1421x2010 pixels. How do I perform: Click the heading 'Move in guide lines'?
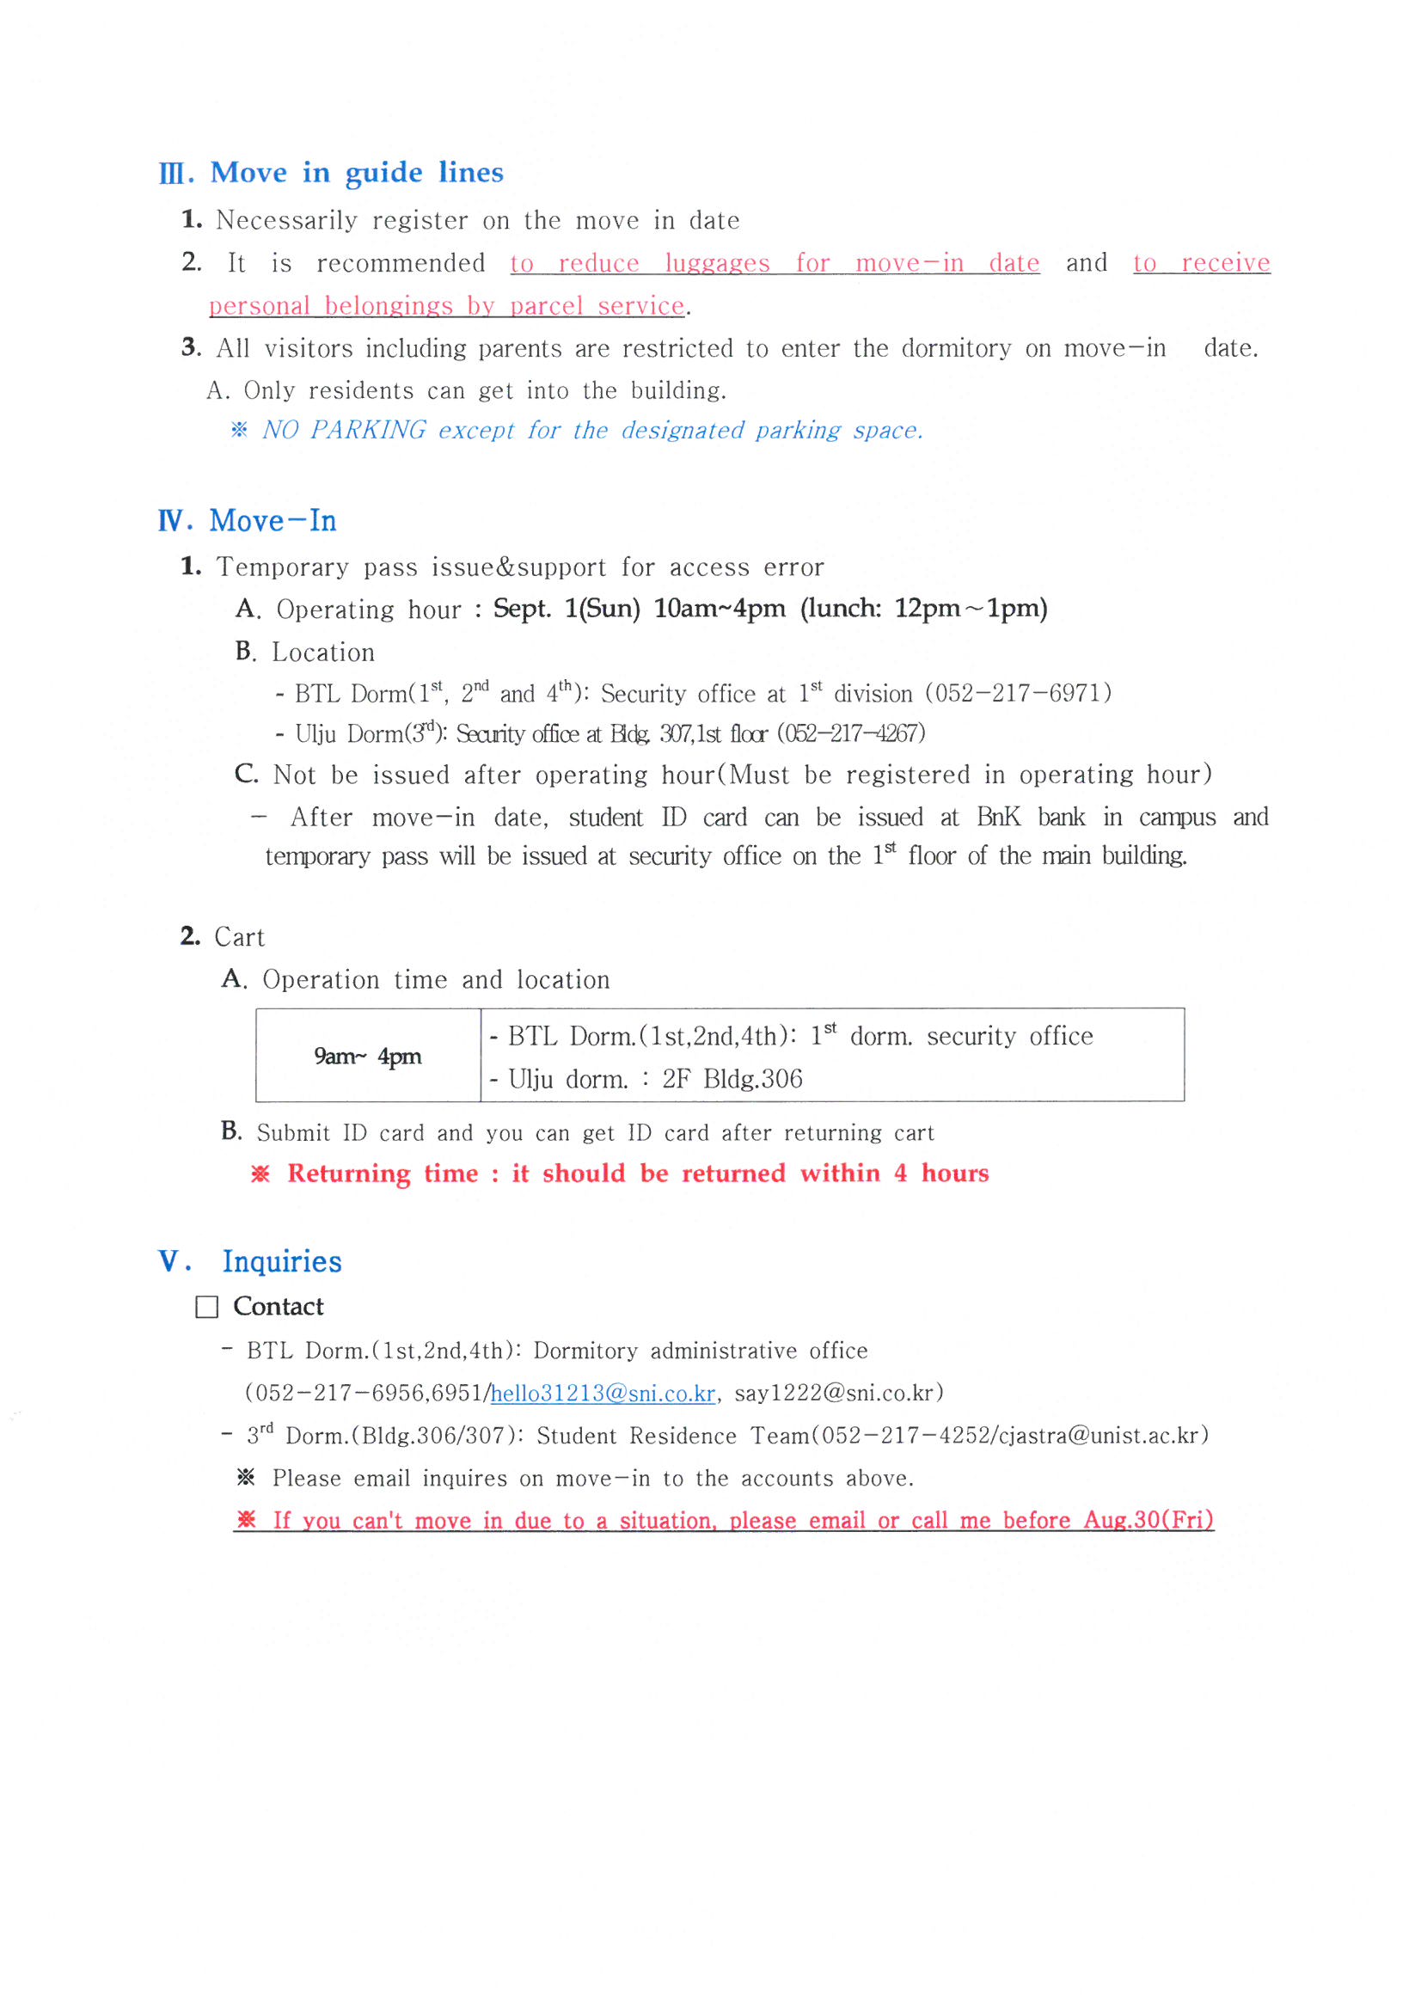click(x=357, y=173)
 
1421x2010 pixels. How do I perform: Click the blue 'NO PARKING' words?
click(x=344, y=430)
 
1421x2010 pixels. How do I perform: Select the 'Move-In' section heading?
click(x=273, y=521)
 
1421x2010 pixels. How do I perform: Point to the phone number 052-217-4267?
click(x=850, y=733)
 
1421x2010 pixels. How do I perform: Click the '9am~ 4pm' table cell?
click(x=368, y=1056)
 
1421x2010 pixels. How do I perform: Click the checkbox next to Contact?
click(x=206, y=1307)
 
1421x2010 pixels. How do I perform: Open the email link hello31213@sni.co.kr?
click(x=603, y=1393)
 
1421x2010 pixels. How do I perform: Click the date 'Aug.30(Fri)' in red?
click(x=1148, y=1520)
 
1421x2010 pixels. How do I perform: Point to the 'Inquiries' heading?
click(x=282, y=1261)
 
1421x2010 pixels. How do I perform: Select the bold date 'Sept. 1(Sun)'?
click(x=567, y=609)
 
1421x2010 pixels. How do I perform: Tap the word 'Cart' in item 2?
click(x=239, y=937)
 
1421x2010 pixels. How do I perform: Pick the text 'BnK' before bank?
click(x=998, y=817)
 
